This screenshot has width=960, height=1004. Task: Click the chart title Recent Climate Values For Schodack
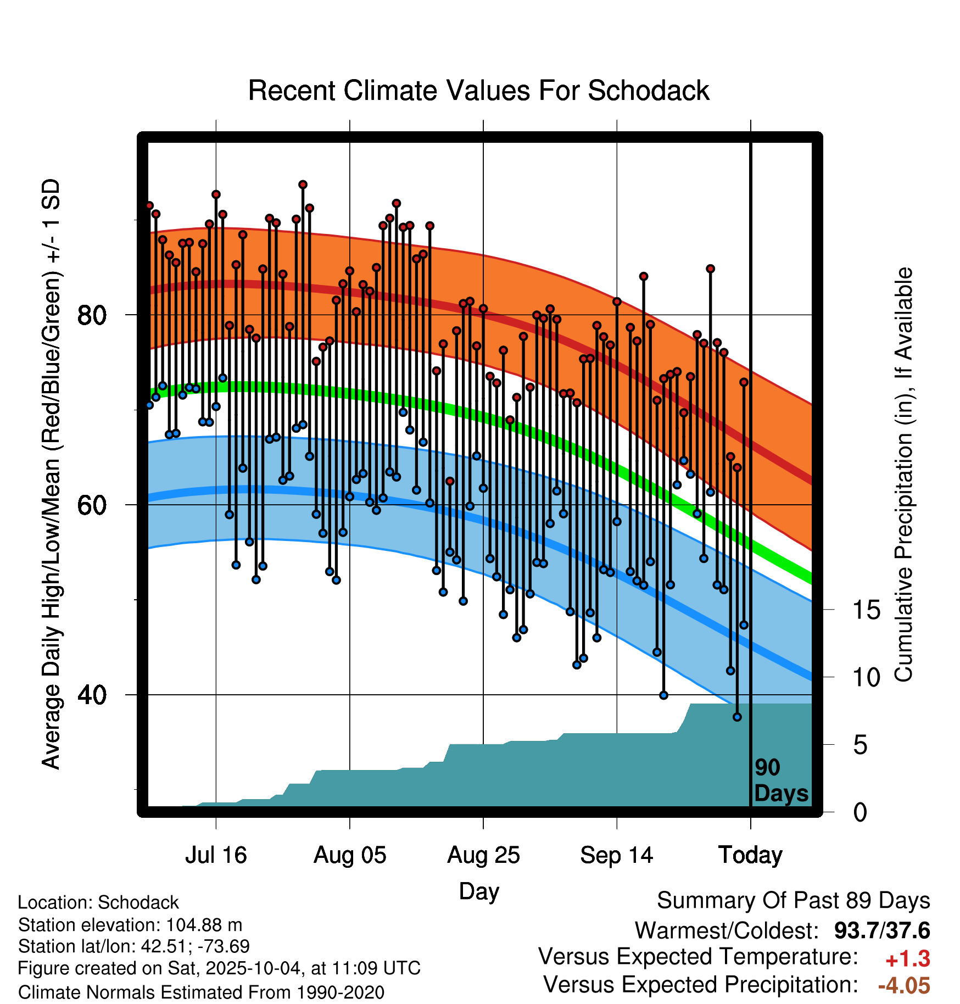pyautogui.click(x=478, y=91)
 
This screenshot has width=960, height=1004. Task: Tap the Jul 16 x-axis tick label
pyautogui.click(x=216, y=855)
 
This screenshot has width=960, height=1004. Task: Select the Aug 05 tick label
pyautogui.click(x=350, y=855)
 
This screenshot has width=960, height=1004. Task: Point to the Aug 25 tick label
pyautogui.click(x=483, y=855)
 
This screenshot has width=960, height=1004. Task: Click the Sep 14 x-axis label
pyautogui.click(x=617, y=855)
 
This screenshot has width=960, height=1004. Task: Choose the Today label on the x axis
pyautogui.click(x=750, y=855)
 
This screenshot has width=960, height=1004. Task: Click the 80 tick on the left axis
pyautogui.click(x=92, y=315)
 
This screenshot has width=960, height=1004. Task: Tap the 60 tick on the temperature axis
pyautogui.click(x=92, y=505)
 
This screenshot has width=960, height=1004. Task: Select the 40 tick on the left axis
pyautogui.click(x=92, y=695)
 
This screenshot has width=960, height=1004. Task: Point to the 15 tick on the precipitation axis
pyautogui.click(x=866, y=610)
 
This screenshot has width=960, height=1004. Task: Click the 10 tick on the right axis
pyautogui.click(x=866, y=678)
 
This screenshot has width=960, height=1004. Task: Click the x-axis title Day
pyautogui.click(x=479, y=891)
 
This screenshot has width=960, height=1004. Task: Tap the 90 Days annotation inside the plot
pyautogui.click(x=780, y=780)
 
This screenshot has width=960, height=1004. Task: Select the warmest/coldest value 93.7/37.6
pyautogui.click(x=882, y=930)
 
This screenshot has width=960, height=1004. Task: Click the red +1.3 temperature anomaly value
pyautogui.click(x=907, y=959)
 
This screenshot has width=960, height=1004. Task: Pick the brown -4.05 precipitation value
pyautogui.click(x=904, y=985)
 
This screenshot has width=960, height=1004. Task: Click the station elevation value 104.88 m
pyautogui.click(x=204, y=925)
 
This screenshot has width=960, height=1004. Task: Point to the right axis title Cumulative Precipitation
pyautogui.click(x=904, y=475)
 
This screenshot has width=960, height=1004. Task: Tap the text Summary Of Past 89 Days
pyautogui.click(x=793, y=901)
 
